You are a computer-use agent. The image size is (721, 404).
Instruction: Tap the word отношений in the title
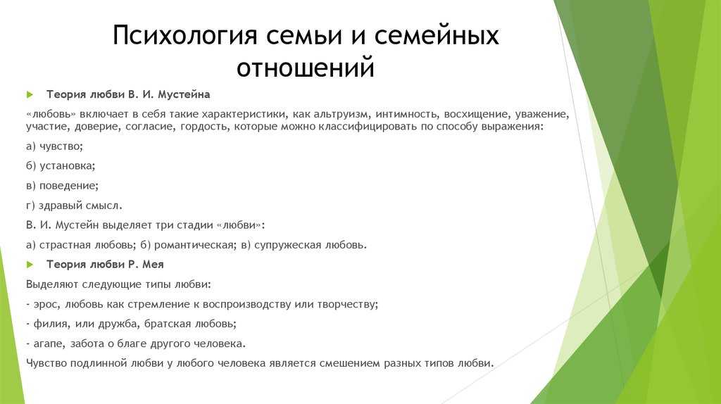pyautogui.click(x=306, y=67)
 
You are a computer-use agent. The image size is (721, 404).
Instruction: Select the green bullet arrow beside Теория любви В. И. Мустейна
pyautogui.click(x=30, y=95)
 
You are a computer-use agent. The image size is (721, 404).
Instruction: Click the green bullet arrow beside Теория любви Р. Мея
pyautogui.click(x=30, y=265)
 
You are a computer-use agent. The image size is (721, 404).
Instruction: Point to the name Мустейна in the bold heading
pyautogui.click(x=184, y=95)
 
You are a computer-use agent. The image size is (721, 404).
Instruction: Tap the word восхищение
pyautogui.click(x=476, y=114)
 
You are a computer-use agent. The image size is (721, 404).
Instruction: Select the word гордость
pyautogui.click(x=203, y=127)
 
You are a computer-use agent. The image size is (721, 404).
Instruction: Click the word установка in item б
pyautogui.click(x=67, y=165)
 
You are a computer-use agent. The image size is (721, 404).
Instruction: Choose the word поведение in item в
pyautogui.click(x=68, y=186)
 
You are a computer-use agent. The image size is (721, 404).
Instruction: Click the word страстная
pyautogui.click(x=65, y=245)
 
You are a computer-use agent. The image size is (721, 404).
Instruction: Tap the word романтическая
pyautogui.click(x=194, y=245)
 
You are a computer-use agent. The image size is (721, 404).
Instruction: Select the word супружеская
pyautogui.click(x=288, y=245)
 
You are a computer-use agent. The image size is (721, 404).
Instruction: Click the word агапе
pyautogui.click(x=49, y=343)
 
